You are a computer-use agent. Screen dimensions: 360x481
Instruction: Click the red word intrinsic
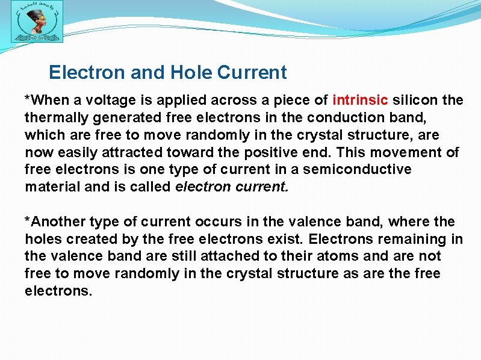point(361,99)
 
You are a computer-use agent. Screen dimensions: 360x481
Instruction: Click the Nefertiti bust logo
point(37,25)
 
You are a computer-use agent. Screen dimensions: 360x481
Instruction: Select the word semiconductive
point(357,169)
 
